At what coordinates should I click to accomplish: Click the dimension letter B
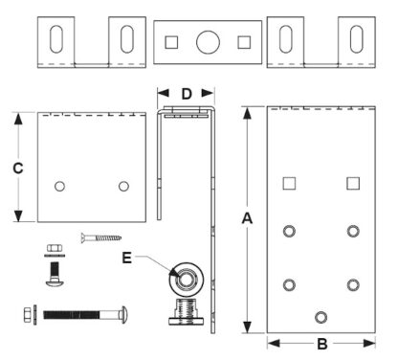coord(322,343)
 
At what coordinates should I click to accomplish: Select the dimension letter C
coord(17,168)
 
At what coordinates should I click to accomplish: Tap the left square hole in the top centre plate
coord(172,41)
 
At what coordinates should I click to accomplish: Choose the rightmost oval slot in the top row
coord(357,41)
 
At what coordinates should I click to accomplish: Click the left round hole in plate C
coord(59,186)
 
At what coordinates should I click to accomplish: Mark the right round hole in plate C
coord(123,186)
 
